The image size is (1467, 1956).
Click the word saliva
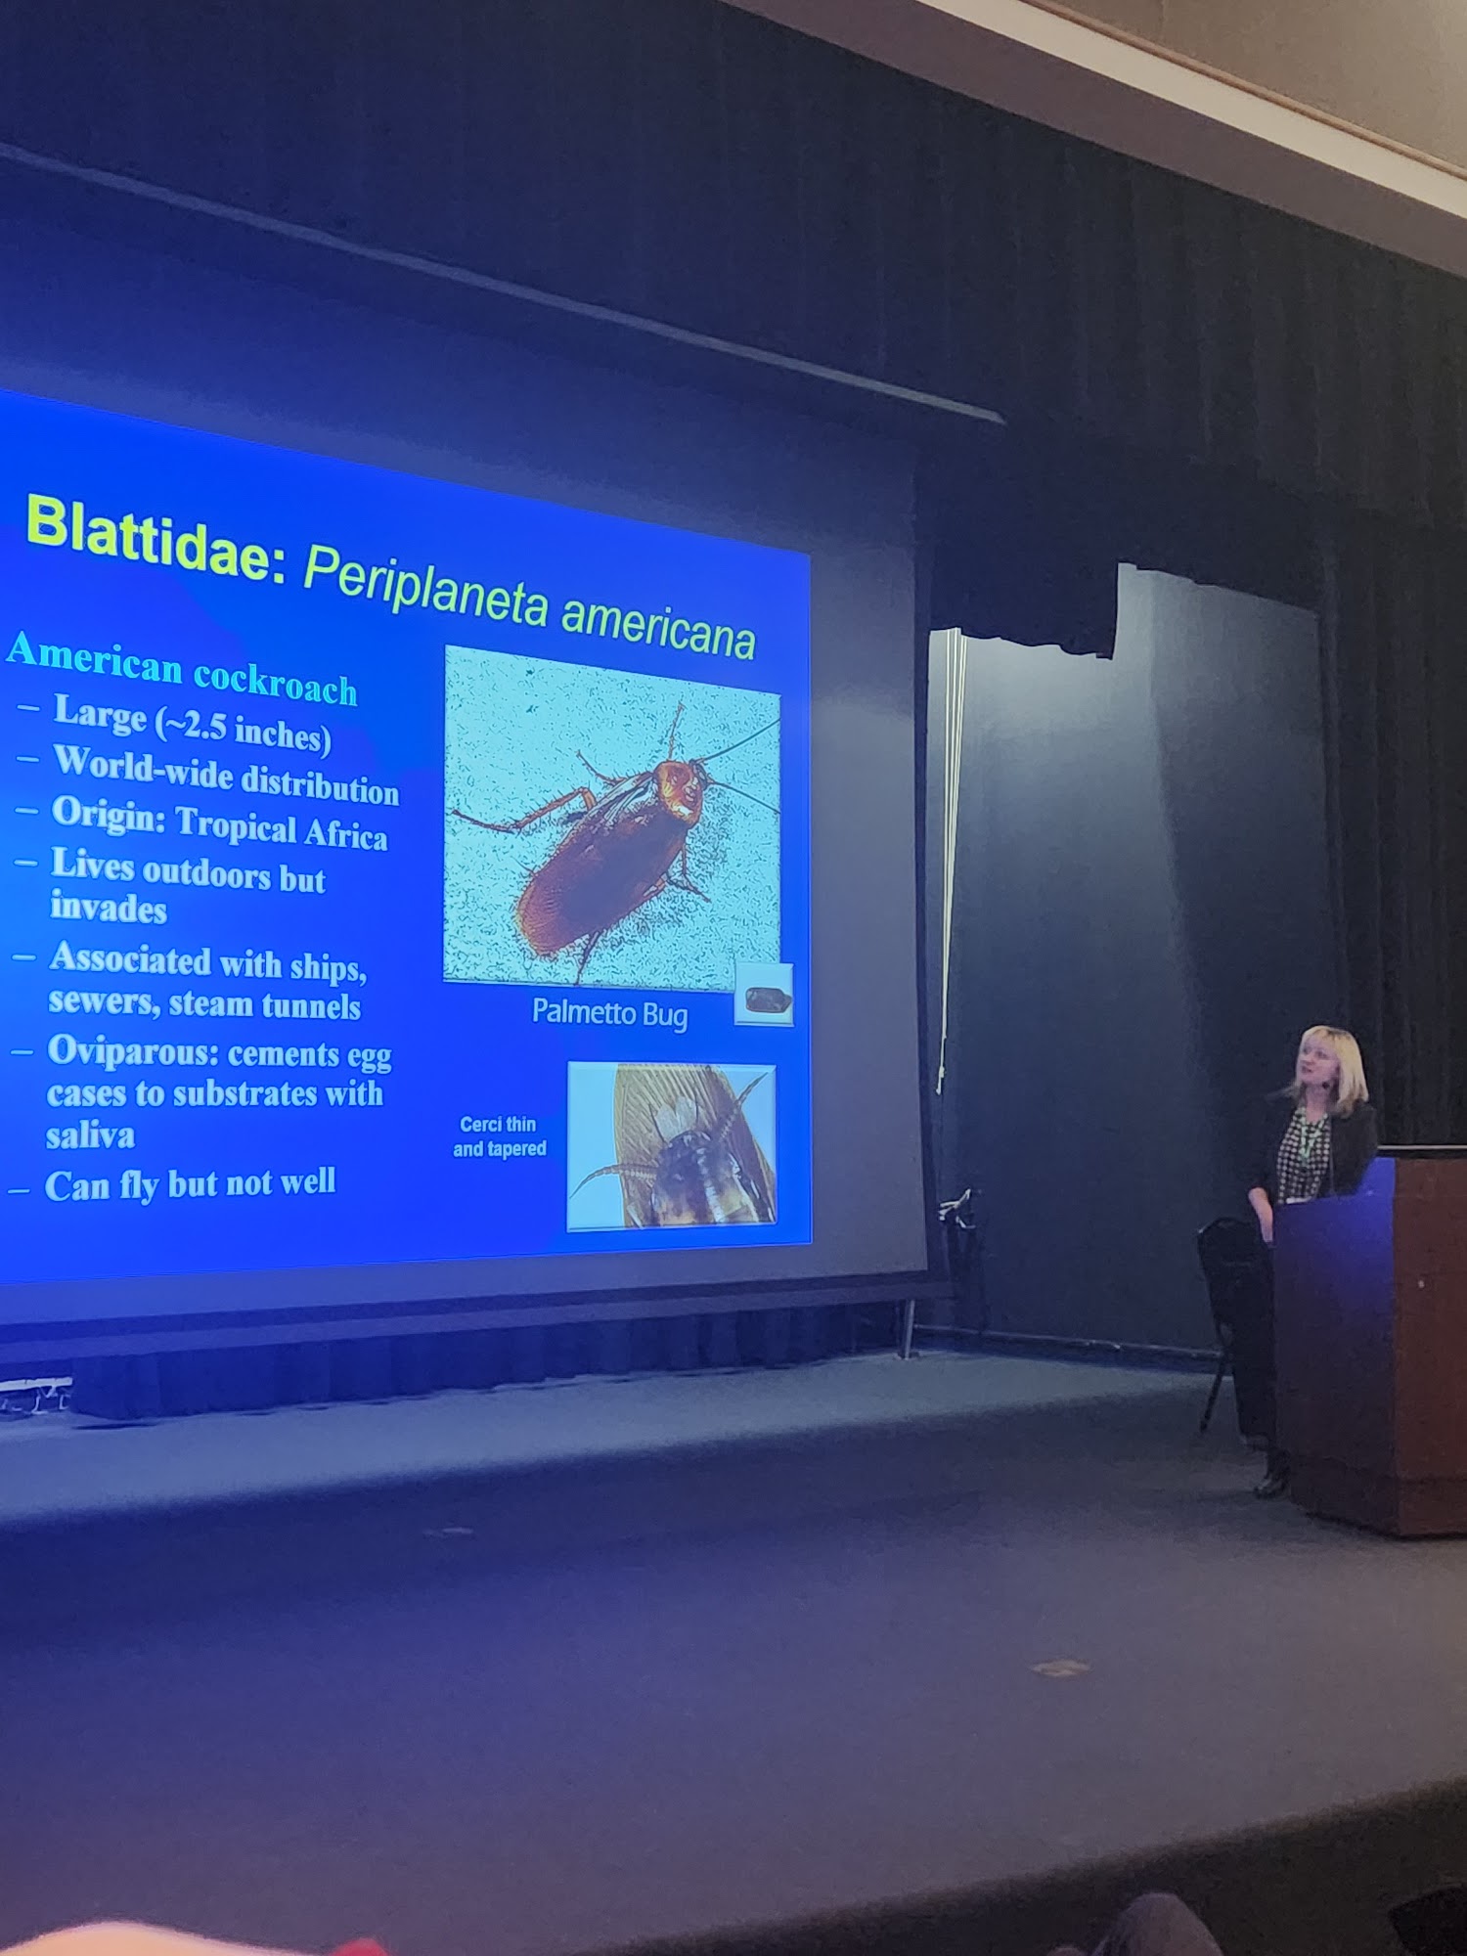[90, 1135]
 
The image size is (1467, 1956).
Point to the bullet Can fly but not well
[191, 1184]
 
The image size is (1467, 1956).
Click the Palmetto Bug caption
[609, 1013]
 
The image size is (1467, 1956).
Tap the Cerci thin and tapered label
[499, 1136]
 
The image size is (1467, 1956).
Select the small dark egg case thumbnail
[764, 995]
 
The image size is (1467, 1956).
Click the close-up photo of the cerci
[672, 1145]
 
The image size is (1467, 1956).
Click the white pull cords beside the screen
[948, 861]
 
